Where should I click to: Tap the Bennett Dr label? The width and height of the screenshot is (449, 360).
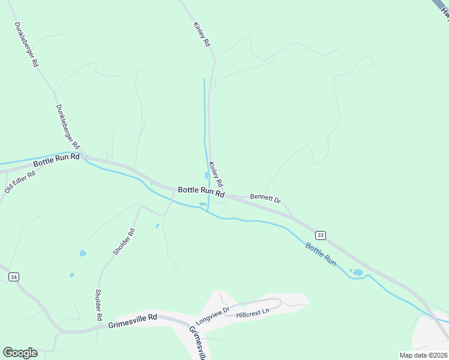coord(265,197)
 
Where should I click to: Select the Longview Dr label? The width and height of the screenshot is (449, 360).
coord(212,316)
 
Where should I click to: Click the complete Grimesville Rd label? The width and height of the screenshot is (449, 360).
coord(133,321)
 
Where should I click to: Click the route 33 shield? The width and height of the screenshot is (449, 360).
coord(321,235)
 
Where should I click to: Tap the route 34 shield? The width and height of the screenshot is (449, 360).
coord(14,277)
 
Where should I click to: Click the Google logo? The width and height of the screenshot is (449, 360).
coord(20,352)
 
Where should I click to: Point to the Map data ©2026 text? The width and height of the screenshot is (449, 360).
coord(423,355)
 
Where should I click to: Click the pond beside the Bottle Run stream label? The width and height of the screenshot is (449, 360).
coord(357,272)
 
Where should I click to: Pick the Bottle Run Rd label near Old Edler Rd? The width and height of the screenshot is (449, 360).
coord(56,160)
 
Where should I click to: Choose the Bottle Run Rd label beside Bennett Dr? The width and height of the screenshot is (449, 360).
coord(201,192)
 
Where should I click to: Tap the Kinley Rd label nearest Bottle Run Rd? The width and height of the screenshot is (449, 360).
coord(215,173)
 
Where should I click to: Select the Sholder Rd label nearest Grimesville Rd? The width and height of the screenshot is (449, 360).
coord(98,304)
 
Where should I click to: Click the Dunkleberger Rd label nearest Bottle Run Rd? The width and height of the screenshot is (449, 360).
coord(67,127)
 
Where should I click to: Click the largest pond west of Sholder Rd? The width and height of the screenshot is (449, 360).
coord(83,253)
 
